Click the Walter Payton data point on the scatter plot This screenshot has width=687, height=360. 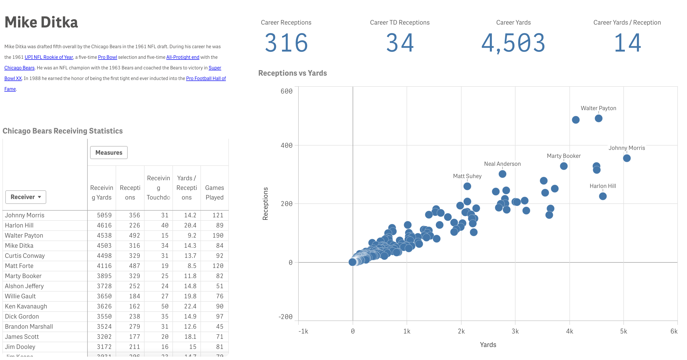(598, 118)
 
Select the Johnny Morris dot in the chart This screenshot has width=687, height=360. (627, 158)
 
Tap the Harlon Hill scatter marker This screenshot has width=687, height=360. (602, 196)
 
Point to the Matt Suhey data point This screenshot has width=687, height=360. (467, 186)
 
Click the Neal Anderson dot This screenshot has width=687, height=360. (502, 174)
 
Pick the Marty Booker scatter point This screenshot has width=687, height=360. (563, 166)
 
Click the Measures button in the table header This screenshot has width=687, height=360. (109, 153)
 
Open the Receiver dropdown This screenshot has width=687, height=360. (26, 197)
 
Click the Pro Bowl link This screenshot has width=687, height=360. (107, 57)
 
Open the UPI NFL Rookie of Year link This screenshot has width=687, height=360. (49, 57)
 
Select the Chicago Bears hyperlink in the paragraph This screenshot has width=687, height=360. (20, 68)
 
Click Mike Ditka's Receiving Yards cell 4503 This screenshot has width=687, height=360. (104, 246)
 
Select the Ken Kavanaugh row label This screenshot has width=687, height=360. (26, 306)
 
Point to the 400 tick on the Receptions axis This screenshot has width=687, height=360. (286, 146)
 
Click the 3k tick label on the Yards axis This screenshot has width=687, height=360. (515, 331)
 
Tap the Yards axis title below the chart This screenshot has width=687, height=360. (488, 345)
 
